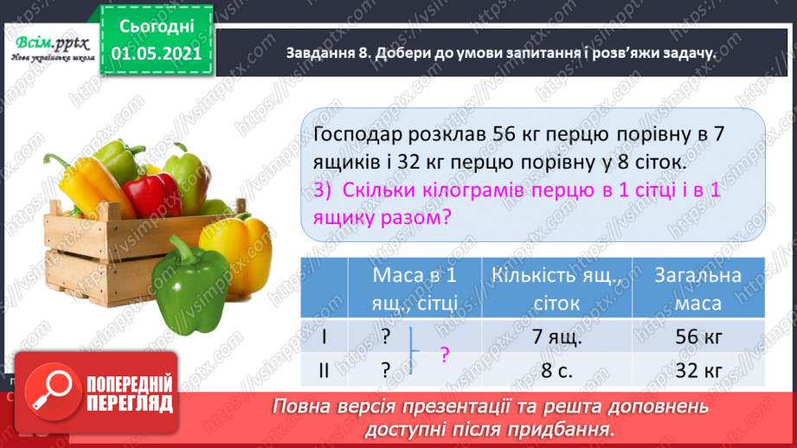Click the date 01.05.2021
[x=157, y=54]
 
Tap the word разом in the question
[x=413, y=219]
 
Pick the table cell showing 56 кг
[x=697, y=337]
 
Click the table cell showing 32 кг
[x=697, y=371]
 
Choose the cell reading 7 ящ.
[x=556, y=337]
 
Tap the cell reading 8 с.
[x=556, y=371]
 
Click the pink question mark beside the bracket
[x=445, y=355]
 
